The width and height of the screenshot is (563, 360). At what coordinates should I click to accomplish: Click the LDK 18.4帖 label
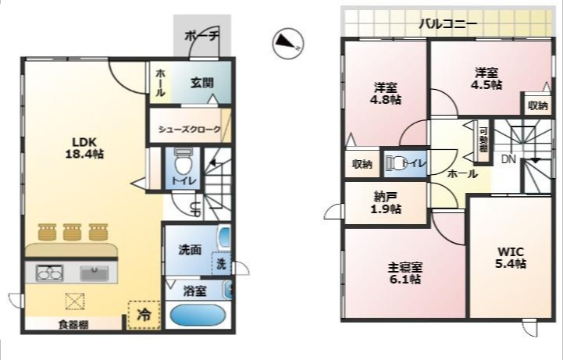[x=84, y=148]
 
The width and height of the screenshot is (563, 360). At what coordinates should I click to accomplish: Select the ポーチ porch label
[x=202, y=36]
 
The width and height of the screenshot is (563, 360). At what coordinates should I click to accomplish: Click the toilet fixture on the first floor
[x=182, y=165]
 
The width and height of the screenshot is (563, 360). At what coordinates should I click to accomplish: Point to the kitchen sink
[x=94, y=273]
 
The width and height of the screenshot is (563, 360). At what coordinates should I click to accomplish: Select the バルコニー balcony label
[x=447, y=23]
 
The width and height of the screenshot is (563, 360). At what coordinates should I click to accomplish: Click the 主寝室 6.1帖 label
[x=405, y=273]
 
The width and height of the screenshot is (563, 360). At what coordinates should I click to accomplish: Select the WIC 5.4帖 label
[x=511, y=257]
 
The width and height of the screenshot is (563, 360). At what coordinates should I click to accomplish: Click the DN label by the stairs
[x=508, y=159]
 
